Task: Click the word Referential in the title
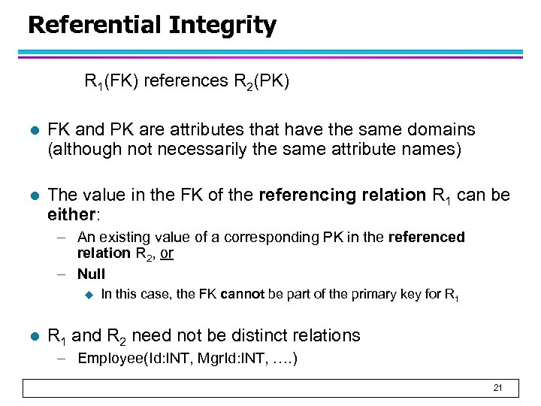tap(94, 25)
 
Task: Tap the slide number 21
tap(497, 388)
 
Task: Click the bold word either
tap(70, 215)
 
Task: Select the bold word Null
tap(91, 274)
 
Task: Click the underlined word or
tap(167, 253)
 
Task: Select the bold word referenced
tap(427, 237)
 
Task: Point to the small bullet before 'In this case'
tap(87, 295)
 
